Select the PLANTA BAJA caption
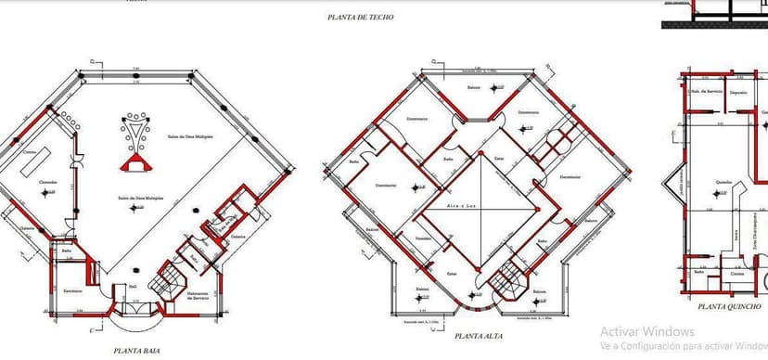pyautogui.click(x=134, y=351)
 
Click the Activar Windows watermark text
pyautogui.click(x=646, y=331)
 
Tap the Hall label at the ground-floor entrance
pyautogui.click(x=134, y=287)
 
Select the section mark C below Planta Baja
pyautogui.click(x=92, y=329)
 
